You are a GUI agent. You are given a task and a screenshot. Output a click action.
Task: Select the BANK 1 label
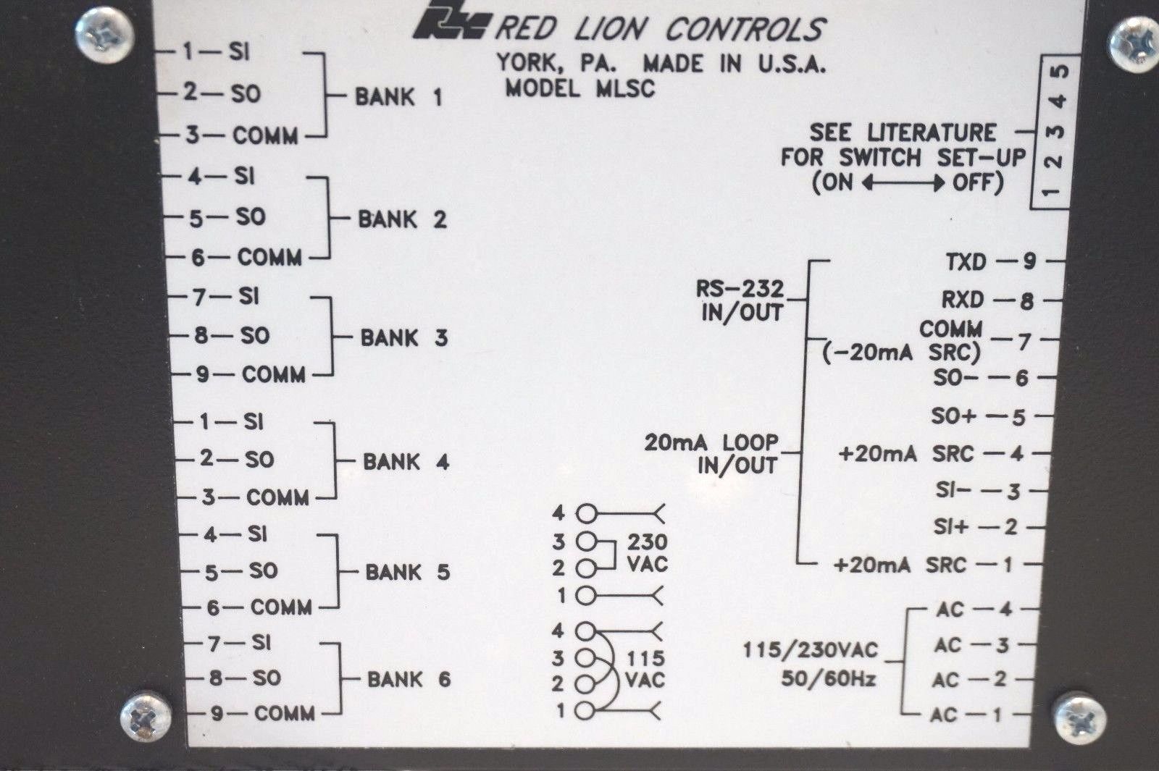(x=398, y=97)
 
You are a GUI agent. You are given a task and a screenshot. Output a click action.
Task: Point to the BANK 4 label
(x=406, y=461)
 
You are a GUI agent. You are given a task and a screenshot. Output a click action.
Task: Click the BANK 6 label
(x=409, y=679)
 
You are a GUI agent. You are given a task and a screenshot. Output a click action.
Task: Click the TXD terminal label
(x=965, y=261)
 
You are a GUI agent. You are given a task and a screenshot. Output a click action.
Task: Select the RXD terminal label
(x=963, y=300)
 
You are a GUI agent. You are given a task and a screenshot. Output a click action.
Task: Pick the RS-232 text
(x=740, y=288)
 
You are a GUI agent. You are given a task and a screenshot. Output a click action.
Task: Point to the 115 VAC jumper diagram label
(x=645, y=669)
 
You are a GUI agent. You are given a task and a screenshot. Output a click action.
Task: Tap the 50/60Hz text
(x=828, y=679)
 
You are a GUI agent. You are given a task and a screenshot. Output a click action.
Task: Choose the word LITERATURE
(x=932, y=132)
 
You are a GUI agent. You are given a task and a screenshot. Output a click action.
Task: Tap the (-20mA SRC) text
(x=901, y=353)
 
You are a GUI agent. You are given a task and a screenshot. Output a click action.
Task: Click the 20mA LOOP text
(x=711, y=442)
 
